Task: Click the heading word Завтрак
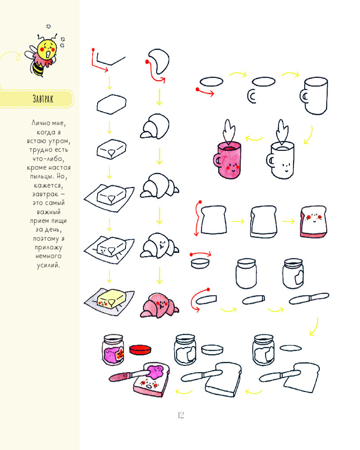click(x=43, y=99)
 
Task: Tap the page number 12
click(x=181, y=415)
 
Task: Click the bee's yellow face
click(x=48, y=49)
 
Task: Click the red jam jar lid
click(x=140, y=349)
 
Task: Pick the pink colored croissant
click(x=159, y=306)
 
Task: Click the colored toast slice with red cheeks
click(x=314, y=221)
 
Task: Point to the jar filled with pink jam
click(x=113, y=350)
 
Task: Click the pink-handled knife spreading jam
click(x=129, y=375)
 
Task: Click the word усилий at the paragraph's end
click(x=48, y=265)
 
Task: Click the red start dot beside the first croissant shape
click(x=147, y=62)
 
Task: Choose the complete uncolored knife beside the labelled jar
click(x=309, y=298)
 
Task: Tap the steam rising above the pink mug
click(x=229, y=132)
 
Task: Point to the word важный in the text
click(x=49, y=212)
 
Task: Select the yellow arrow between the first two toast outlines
click(x=238, y=221)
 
